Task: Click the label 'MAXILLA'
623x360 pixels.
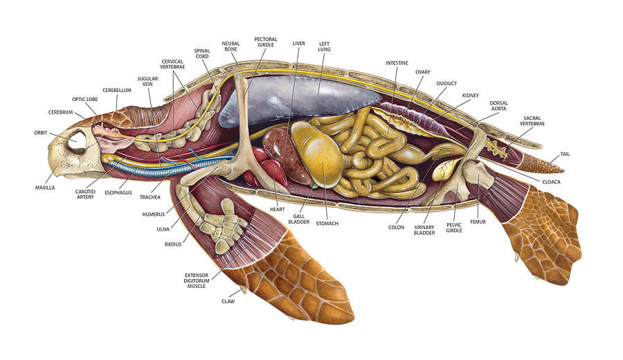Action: click(x=45, y=188)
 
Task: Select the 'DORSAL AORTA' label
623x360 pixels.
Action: click(x=498, y=106)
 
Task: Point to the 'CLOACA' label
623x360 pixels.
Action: click(x=552, y=182)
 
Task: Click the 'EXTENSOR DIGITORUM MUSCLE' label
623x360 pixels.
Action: click(x=197, y=280)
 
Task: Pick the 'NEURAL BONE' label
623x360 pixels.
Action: click(x=231, y=46)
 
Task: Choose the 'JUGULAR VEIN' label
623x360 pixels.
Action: click(x=148, y=82)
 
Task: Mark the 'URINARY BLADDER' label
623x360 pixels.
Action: click(x=424, y=230)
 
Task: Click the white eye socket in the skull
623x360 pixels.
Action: click(x=77, y=141)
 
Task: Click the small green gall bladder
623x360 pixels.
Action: click(x=314, y=185)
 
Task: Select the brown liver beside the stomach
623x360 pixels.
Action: click(x=285, y=154)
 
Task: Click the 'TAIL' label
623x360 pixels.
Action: click(x=565, y=154)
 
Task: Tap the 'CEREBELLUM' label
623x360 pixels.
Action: click(x=117, y=90)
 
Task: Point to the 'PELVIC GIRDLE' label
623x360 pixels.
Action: click(x=454, y=228)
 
